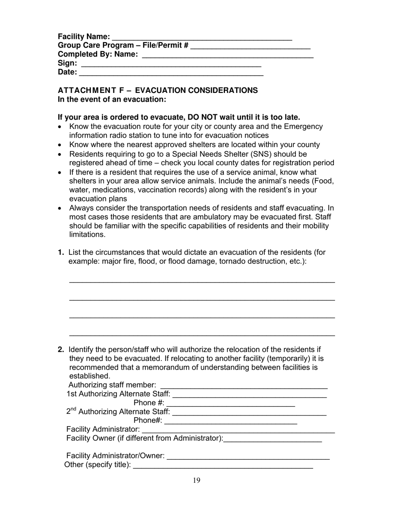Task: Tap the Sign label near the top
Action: tap(67, 63)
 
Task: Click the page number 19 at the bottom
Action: tap(196, 480)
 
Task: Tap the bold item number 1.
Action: tap(61, 252)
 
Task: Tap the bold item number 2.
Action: tap(61, 350)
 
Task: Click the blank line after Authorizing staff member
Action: tap(244, 388)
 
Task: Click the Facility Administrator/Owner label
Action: tap(115, 456)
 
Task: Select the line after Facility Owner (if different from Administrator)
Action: tap(273, 442)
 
